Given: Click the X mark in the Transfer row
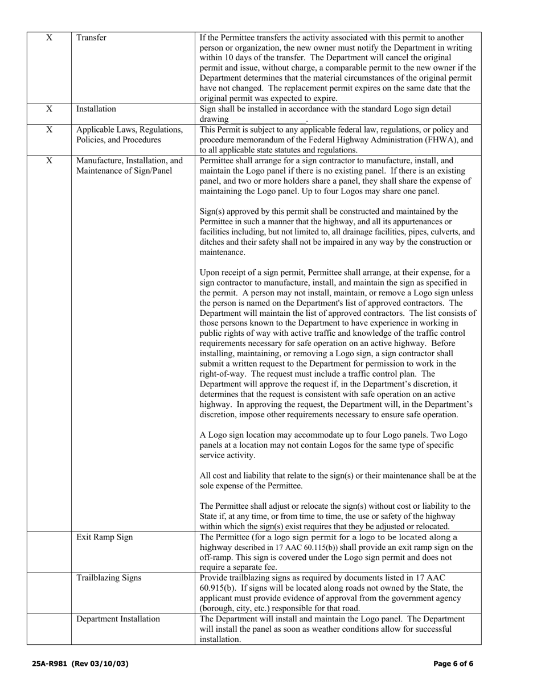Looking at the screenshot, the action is point(49,38).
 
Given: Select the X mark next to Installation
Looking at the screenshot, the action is point(49,109).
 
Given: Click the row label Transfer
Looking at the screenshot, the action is point(91,38).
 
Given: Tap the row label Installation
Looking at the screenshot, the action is point(96,109).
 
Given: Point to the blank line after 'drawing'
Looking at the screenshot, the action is point(268,120).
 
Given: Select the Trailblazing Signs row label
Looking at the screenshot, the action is point(109,578).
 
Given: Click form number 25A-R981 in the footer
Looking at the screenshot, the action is point(50,664).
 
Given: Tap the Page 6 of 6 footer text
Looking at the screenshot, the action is point(453,664).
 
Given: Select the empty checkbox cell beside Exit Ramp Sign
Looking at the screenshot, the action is point(49,551).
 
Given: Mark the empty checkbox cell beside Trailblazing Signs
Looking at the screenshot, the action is point(49,592).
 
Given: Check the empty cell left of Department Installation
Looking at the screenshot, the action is point(49,629).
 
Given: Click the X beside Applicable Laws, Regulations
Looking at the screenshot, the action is point(49,129).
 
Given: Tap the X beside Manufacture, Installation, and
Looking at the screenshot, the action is point(49,160).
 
